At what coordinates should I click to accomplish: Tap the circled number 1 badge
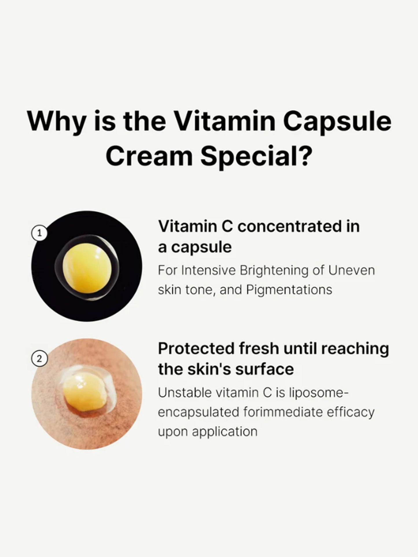(40, 233)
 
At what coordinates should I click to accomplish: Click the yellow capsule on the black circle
(87, 268)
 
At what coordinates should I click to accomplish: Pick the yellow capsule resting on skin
(84, 390)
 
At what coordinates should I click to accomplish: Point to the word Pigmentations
(289, 290)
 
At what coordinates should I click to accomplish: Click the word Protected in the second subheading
(196, 349)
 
